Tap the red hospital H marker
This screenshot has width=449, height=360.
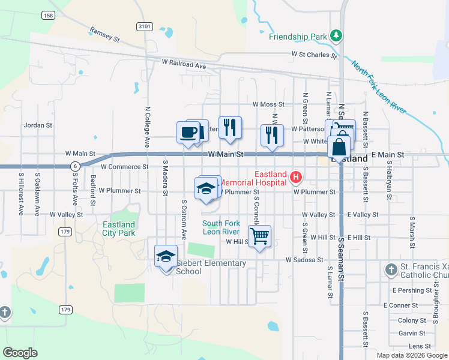(295, 176)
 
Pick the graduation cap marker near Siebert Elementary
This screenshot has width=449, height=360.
(166, 256)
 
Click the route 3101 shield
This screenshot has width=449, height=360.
(144, 26)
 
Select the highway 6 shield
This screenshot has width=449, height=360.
(74, 166)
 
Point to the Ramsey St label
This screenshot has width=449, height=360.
(105, 33)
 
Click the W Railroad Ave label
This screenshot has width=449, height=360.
(184, 64)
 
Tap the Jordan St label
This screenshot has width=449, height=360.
(38, 126)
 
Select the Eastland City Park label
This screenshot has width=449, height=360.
(119, 229)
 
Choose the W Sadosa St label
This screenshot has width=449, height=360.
(304, 260)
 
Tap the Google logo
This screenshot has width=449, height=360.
(20, 353)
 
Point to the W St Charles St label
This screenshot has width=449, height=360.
(314, 55)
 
